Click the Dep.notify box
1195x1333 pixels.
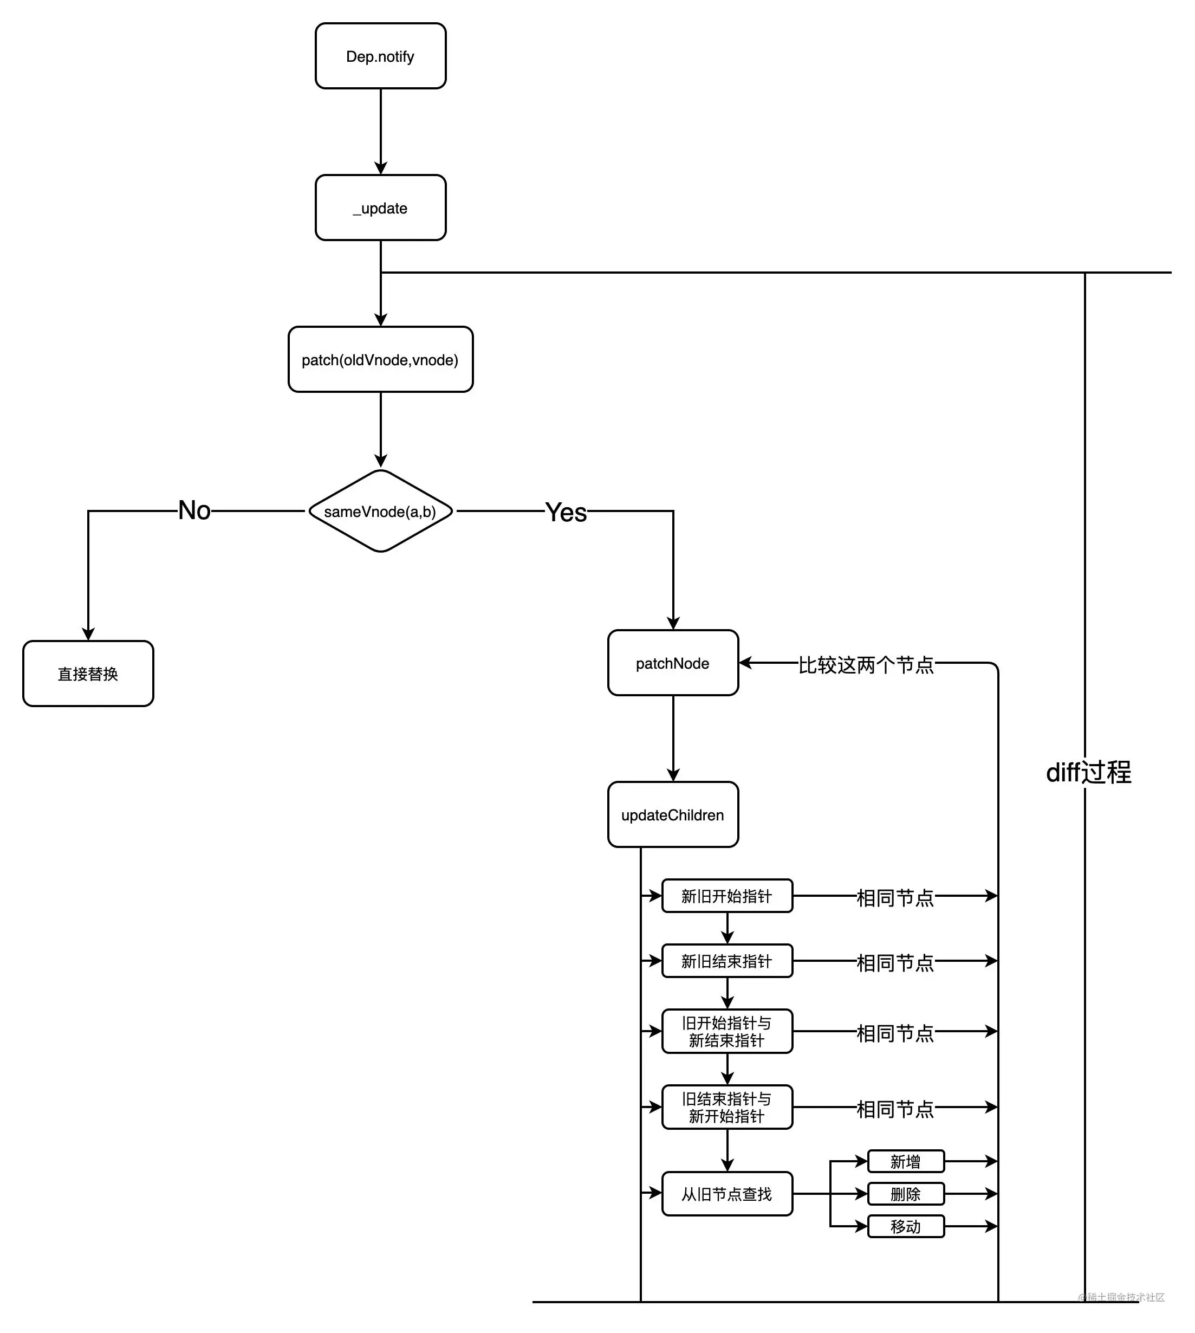[x=380, y=56]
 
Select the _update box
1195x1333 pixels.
[x=380, y=208]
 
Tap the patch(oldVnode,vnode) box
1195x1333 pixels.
[x=380, y=359]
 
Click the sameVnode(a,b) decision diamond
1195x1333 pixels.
[x=380, y=511]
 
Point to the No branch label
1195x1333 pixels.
[x=194, y=510]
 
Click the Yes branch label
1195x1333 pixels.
[x=566, y=512]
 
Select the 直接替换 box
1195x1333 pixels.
[x=88, y=674]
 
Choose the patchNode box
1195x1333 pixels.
[x=672, y=663]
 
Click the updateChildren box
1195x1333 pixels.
[x=672, y=814]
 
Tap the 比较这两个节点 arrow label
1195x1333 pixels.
[x=866, y=664]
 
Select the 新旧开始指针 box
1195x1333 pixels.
[x=726, y=896]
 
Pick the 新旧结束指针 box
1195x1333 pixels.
[x=726, y=961]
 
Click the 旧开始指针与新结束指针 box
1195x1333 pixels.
[x=726, y=1031]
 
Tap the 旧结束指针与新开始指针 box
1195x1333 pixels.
[x=726, y=1107]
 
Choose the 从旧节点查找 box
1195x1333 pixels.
[x=726, y=1194]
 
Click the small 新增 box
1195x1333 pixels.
[x=905, y=1162]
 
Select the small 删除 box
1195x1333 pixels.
[x=905, y=1194]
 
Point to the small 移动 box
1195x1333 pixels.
[x=905, y=1226]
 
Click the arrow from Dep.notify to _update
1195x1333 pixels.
[x=380, y=131]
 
